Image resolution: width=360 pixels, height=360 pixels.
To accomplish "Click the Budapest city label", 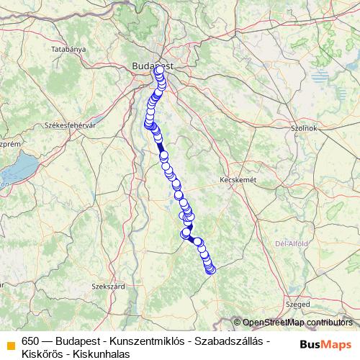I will point(153,66).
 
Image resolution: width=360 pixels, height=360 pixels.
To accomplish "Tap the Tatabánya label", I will point(69,49).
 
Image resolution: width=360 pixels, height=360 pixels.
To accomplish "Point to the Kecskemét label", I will point(238,180).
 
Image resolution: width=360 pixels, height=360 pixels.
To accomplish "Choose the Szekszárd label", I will point(110,286).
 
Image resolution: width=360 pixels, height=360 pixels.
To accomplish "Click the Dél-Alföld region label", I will point(292,243).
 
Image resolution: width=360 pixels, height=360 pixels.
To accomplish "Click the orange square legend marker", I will point(10,343).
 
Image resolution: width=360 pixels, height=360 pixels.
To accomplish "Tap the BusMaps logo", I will point(325,343).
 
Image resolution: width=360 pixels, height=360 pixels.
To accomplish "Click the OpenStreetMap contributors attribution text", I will point(297,322).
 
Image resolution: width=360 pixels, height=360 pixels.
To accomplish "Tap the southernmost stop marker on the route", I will point(211,271).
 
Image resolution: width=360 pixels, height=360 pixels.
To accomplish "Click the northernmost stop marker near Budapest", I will point(158,71).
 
